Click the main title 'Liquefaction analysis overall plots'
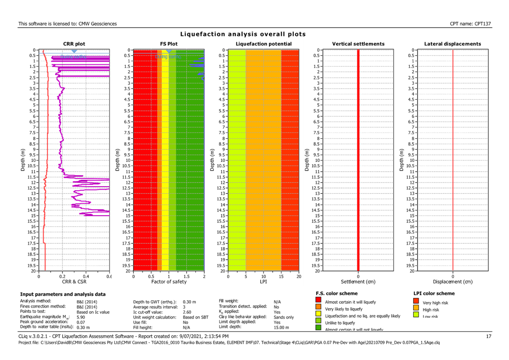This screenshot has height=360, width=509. click(x=243, y=34)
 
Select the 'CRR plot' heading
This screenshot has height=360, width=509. click(x=74, y=44)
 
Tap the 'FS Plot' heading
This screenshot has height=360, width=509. click(x=169, y=44)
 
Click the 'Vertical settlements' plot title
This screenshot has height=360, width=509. click(x=358, y=44)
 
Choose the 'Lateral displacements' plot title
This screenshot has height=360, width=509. click(x=452, y=44)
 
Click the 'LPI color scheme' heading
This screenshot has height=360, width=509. click(x=434, y=293)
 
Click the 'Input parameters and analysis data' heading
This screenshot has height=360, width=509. click(x=63, y=294)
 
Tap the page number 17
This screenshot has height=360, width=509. click(x=489, y=337)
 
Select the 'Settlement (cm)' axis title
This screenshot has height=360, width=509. click(x=358, y=281)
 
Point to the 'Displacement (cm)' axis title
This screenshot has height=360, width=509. click(x=453, y=281)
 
